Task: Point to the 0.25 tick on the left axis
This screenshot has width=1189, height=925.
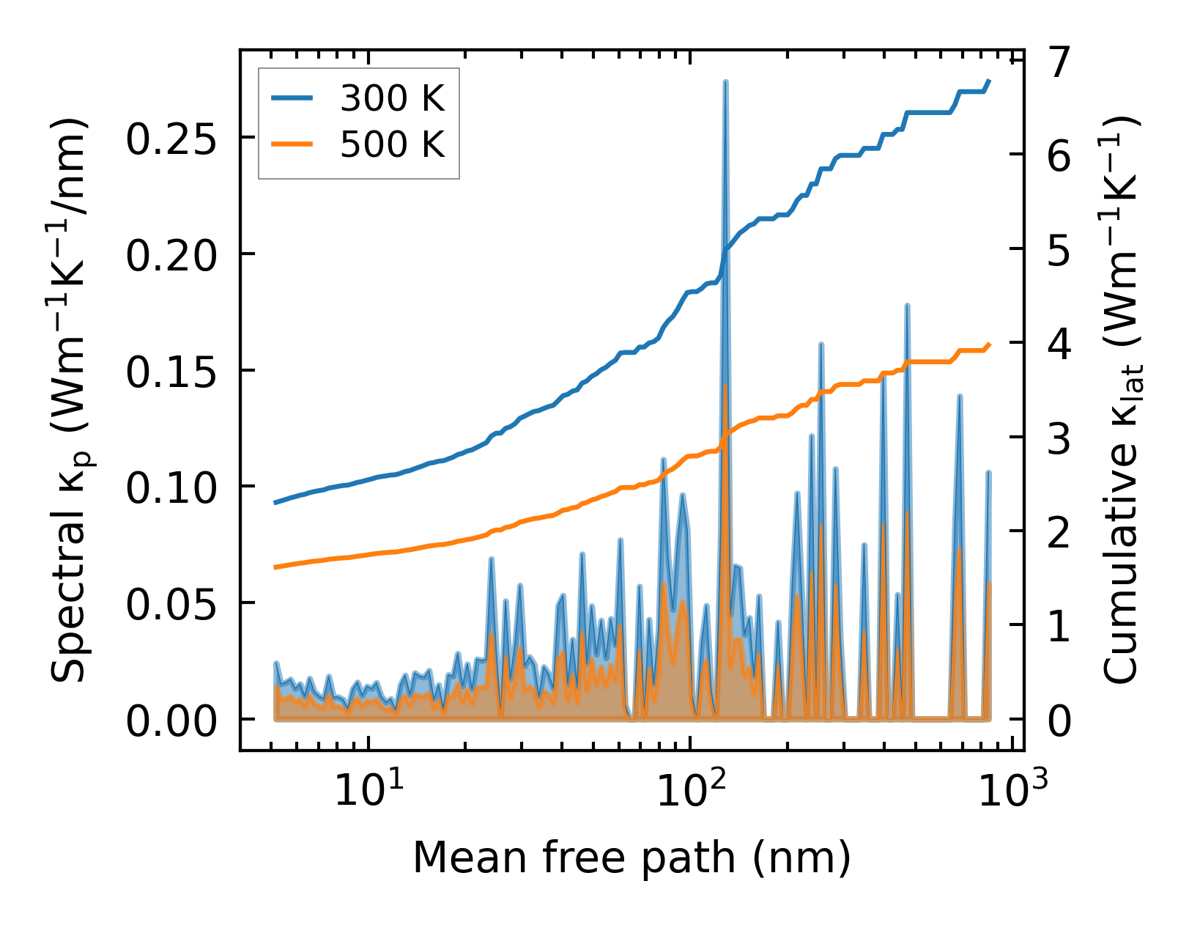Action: click(x=171, y=139)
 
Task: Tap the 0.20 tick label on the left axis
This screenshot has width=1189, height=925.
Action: click(x=171, y=255)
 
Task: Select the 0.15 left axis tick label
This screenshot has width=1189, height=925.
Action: click(x=171, y=372)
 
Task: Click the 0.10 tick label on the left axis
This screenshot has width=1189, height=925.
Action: click(x=171, y=487)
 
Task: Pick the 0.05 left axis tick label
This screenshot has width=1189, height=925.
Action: click(x=171, y=604)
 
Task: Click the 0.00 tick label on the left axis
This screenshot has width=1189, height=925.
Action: click(x=171, y=721)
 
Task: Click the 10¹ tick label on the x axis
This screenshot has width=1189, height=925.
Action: click(x=368, y=790)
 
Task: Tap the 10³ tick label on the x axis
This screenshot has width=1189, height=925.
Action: click(x=1012, y=790)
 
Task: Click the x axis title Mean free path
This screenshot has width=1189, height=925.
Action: click(x=631, y=858)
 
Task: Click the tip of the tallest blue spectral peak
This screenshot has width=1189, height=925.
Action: click(x=725, y=82)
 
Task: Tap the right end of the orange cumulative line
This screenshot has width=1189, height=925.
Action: click(x=990, y=344)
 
